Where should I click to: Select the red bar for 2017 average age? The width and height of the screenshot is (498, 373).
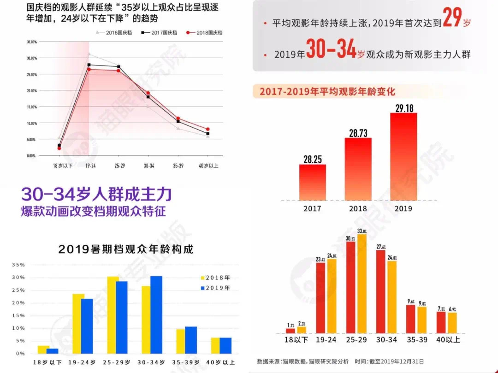coord(312,182)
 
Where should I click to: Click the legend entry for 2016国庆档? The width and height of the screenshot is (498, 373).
coord(114,33)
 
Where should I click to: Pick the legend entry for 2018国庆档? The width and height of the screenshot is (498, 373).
coord(205,33)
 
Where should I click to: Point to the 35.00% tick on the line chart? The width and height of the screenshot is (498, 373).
coord(31,42)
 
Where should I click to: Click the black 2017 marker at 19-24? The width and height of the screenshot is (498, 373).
coord(89,65)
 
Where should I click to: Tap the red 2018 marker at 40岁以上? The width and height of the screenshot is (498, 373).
coord(208,129)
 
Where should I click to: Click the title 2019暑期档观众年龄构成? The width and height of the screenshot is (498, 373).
coord(125,249)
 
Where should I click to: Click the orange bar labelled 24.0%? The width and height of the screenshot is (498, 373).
coord(391,297)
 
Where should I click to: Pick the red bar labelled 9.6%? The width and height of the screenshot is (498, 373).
coord(410,319)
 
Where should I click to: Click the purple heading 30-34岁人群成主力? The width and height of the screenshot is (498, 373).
coord(96,194)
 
